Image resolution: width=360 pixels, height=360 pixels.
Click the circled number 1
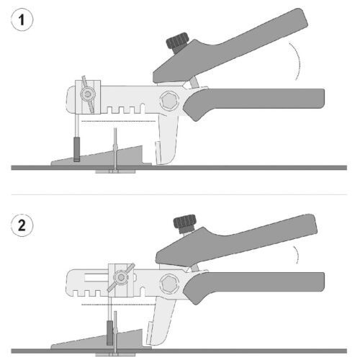pos(22,19)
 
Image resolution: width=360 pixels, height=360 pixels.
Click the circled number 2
pos(22,225)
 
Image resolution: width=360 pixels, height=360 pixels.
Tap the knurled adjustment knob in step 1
pos(178,42)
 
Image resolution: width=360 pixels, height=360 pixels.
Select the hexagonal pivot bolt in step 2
pos(170,283)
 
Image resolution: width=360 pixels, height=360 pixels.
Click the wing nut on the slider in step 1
pos(88,94)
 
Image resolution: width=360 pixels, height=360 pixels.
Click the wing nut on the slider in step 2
pos(121,277)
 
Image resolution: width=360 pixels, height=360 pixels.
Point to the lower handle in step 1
pos(254,101)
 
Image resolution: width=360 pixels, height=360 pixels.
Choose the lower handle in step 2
pos(254,284)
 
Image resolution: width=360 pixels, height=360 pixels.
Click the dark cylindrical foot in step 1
pos(76,149)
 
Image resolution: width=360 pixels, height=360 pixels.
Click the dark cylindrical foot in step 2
pos(110,333)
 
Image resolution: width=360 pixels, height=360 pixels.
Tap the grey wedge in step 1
pos(101,158)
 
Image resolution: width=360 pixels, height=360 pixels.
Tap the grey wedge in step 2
pos(101,341)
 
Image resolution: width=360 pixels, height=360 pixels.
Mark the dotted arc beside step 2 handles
pos(297,254)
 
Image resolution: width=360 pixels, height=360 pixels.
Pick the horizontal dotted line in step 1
pos(119,121)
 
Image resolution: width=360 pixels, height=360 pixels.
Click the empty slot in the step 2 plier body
pos(96,278)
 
